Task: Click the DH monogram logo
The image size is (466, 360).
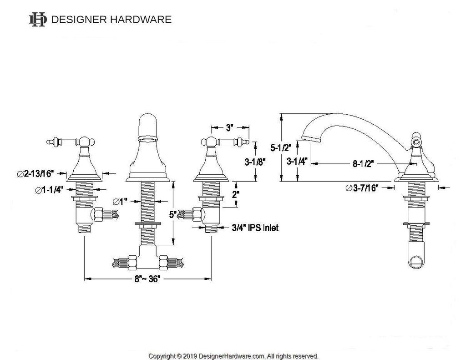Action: pyautogui.click(x=38, y=20)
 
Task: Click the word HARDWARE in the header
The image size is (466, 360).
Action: pyautogui.click(x=141, y=20)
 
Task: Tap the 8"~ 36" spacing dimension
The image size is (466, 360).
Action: pyautogui.click(x=147, y=279)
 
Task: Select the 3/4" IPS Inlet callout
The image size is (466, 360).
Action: pyautogui.click(x=255, y=228)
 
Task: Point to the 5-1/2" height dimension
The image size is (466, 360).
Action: pyautogui.click(x=281, y=147)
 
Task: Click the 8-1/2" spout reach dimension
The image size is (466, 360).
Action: pyautogui.click(x=363, y=163)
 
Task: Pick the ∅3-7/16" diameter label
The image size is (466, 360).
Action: pyautogui.click(x=362, y=188)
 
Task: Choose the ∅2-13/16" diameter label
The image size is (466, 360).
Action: pyautogui.click(x=35, y=173)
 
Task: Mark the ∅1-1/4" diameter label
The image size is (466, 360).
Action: pyautogui.click(x=49, y=190)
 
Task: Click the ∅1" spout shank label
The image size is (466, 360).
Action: pyautogui.click(x=120, y=202)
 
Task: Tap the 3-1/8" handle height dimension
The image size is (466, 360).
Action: pyautogui.click(x=255, y=162)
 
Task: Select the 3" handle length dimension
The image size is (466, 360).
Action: pyautogui.click(x=228, y=128)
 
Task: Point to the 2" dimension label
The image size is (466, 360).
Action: pyautogui.click(x=236, y=195)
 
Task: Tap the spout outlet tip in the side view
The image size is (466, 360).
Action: pyautogui.click(x=311, y=138)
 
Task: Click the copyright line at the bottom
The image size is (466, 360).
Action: pyautogui.click(x=233, y=356)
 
